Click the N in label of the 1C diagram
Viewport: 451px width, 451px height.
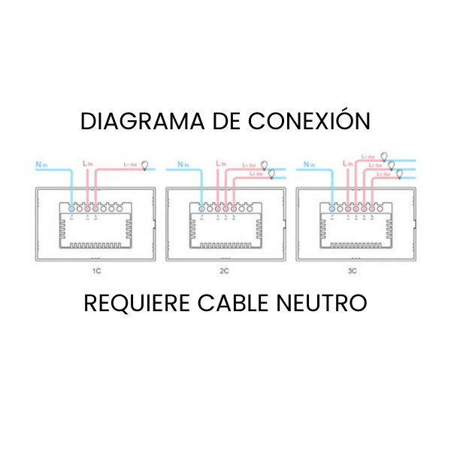41,162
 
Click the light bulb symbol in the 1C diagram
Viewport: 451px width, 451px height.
145,165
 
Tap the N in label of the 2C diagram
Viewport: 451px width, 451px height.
182,162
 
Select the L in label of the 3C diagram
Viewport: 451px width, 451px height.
347,162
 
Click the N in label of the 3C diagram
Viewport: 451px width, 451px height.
305,162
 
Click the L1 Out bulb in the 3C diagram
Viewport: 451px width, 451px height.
386,155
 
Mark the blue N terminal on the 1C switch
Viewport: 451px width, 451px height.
71,207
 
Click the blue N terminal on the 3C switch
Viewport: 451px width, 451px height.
330,207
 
